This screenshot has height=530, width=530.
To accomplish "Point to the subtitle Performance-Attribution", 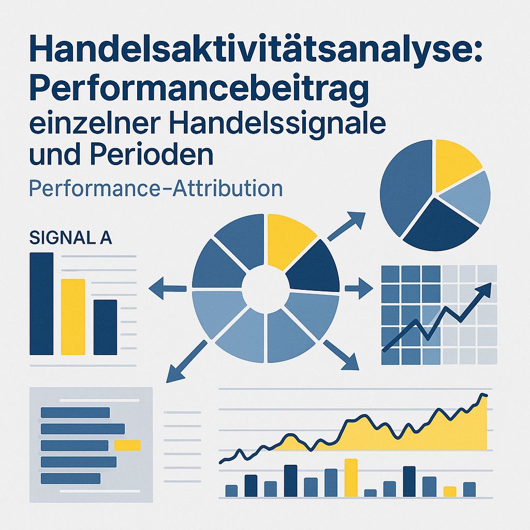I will point(156,188).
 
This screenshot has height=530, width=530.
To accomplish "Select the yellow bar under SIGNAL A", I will point(73,317).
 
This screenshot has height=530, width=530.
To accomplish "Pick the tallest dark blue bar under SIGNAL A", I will point(41,303).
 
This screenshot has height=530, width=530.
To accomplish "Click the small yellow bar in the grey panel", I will point(127,445).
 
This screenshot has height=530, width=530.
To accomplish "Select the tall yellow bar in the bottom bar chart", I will point(351,477).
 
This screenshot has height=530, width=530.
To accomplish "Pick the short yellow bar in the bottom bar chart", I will point(450,491).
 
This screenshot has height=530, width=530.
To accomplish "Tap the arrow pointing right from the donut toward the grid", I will point(359,287).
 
